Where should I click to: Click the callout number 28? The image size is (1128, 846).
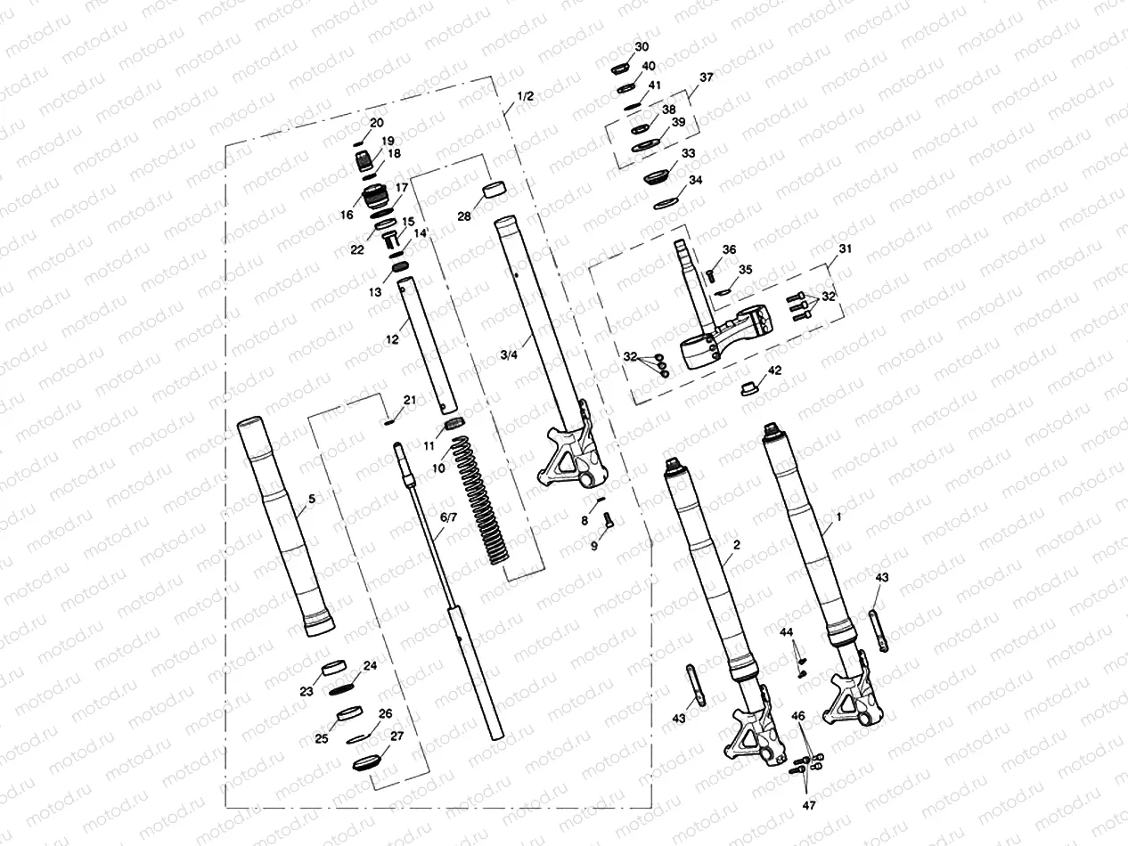[x=463, y=216]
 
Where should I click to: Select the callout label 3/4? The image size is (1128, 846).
[x=509, y=355]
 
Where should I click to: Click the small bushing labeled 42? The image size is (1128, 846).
[x=750, y=387]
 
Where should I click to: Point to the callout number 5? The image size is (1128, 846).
[x=310, y=499]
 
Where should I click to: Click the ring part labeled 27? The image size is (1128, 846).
[x=367, y=762]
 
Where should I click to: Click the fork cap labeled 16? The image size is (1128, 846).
[x=376, y=195]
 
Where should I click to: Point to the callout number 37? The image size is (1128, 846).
[x=706, y=77]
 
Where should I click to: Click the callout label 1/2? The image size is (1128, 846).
[x=525, y=96]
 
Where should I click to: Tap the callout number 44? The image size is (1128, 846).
[x=787, y=632]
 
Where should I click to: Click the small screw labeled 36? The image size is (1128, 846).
[x=711, y=274]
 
